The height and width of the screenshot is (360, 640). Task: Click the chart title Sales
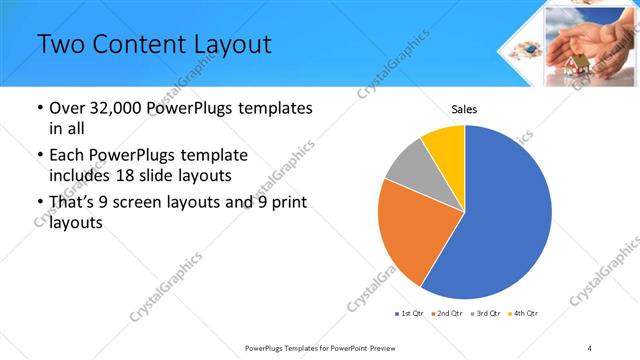tap(464, 108)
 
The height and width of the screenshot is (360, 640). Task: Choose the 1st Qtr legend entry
tap(409, 314)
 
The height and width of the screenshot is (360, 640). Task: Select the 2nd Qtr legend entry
tap(447, 314)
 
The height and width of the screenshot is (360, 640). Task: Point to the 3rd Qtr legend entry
tap(486, 314)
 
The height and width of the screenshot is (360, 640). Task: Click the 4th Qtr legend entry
tap(524, 314)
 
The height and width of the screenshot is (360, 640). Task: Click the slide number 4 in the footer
tap(589, 348)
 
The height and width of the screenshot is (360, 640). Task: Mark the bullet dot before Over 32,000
tap(38, 108)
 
